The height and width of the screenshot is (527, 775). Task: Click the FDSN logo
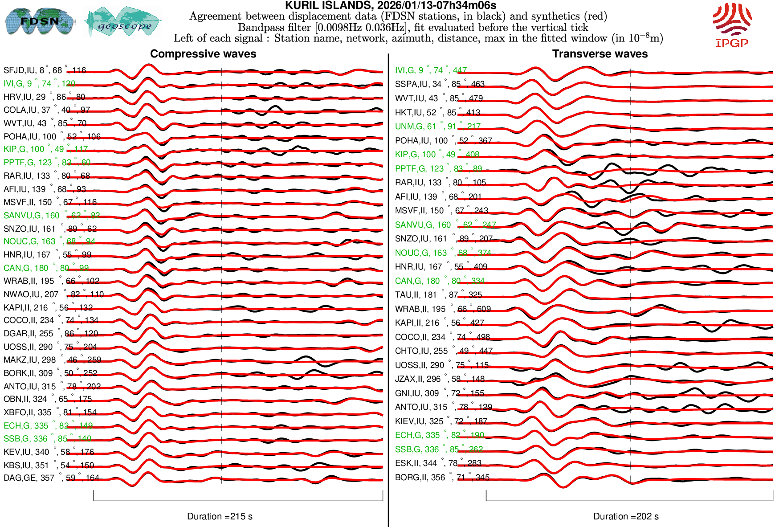tap(39, 21)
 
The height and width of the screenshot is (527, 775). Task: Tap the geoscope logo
tap(123, 22)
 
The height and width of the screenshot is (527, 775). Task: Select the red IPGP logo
tap(732, 25)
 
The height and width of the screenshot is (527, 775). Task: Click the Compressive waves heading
tap(203, 54)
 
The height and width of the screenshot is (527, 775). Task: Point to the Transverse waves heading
tap(600, 54)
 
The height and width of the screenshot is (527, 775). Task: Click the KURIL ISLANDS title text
tap(390, 5)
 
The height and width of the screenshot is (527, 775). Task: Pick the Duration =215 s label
tap(220, 516)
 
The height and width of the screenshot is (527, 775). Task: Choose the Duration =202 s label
tap(626, 516)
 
